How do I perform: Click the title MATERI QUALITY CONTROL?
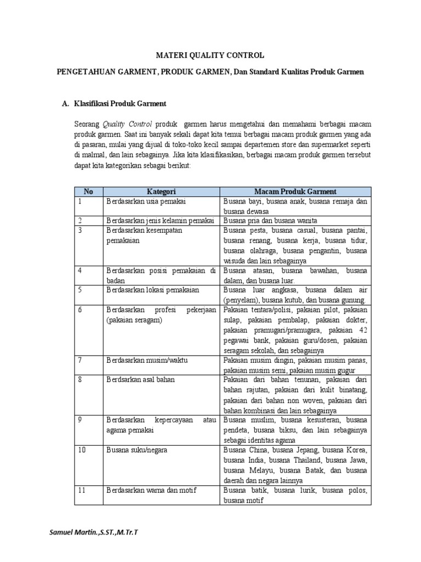210,55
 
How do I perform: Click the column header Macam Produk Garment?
295,192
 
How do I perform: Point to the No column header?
88,192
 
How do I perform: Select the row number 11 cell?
83,490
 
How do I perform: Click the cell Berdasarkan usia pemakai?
139,201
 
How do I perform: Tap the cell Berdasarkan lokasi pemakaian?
153,290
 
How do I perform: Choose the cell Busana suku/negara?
137,450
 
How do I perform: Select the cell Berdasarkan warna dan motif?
151,490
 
